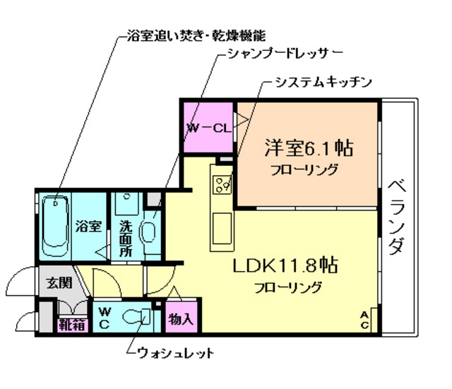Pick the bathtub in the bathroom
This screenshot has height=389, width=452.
pos(54,225)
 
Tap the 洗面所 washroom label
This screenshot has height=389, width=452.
pos(126,238)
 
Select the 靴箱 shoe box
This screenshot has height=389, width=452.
pos(71,325)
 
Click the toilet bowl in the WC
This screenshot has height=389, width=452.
pos(133,318)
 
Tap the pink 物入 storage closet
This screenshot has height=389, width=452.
pos(181,318)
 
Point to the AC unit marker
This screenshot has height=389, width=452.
pos(364,319)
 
